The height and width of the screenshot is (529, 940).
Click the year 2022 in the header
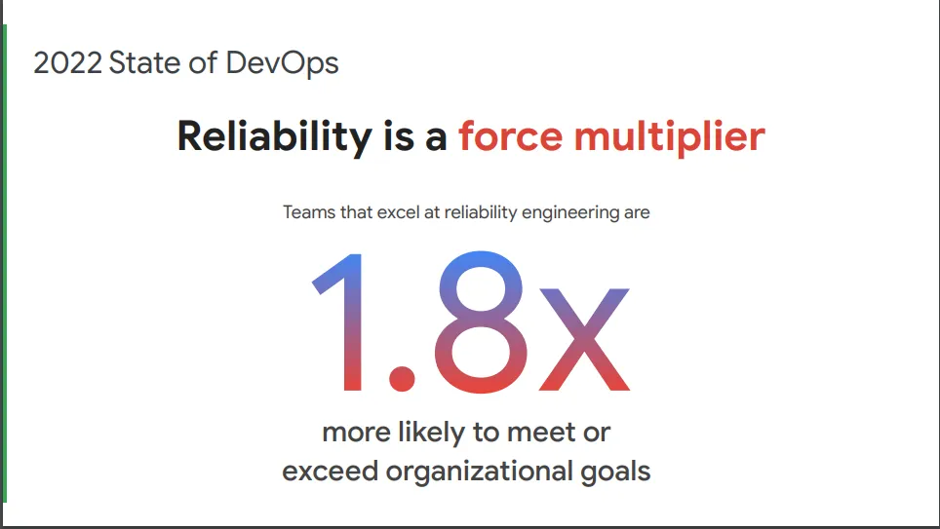[x=66, y=63]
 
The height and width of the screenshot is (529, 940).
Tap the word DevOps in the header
[x=283, y=63]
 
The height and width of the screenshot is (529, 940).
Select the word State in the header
[x=147, y=63]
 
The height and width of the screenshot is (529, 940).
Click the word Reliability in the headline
[x=274, y=136]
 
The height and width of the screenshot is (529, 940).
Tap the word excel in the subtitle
[x=393, y=211]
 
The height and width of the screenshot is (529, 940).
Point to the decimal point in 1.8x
[x=400, y=376]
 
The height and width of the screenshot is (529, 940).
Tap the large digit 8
[x=472, y=321]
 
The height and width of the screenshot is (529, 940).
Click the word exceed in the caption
[x=331, y=472]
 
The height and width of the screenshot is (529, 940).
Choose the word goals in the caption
[x=614, y=473]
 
